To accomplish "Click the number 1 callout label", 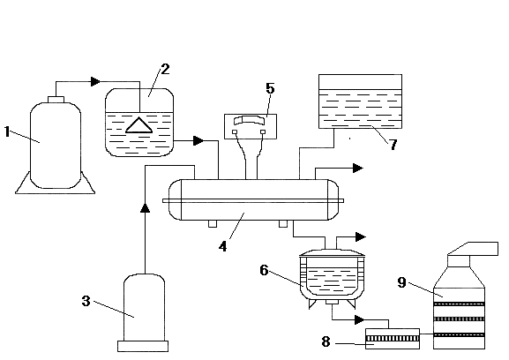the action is click(x=7, y=131).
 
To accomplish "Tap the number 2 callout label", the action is click(x=165, y=69).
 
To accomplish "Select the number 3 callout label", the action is click(x=86, y=301).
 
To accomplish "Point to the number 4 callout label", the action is click(x=222, y=247).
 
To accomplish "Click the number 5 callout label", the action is click(x=270, y=88).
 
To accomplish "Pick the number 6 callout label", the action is click(x=265, y=270).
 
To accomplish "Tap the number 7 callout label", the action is click(x=393, y=145).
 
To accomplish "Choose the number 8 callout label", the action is click(x=326, y=341).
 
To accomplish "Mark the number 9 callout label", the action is click(x=402, y=282).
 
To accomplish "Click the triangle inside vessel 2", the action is click(x=138, y=125).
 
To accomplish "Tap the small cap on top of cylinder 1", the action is click(x=56, y=100).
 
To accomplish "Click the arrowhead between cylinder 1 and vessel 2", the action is click(x=96, y=81).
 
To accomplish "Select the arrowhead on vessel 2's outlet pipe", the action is click(x=198, y=141).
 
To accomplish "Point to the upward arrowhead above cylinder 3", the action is click(x=145, y=207).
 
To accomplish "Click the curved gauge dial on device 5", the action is click(x=251, y=119).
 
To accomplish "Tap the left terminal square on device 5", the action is click(x=235, y=131).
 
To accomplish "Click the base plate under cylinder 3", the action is click(x=143, y=347).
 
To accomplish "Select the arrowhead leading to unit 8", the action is click(x=360, y=319).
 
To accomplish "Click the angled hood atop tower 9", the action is click(x=473, y=249).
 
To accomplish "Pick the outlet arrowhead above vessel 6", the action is click(x=361, y=237).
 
